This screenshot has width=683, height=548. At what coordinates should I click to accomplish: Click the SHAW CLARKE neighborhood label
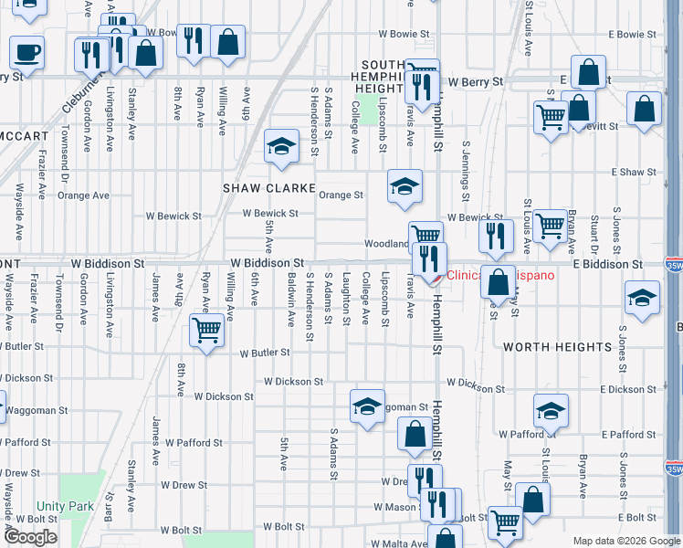click(267, 187)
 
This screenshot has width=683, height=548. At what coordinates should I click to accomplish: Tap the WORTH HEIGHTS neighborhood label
click(557, 347)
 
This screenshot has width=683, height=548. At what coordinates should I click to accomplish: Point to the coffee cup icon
click(26, 52)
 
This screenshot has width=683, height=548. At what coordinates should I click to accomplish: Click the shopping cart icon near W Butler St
click(207, 331)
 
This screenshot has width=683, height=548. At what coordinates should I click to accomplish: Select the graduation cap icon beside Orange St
click(405, 186)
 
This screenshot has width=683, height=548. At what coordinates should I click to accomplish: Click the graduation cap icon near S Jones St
click(642, 299)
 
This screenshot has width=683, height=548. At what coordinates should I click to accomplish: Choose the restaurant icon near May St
click(496, 236)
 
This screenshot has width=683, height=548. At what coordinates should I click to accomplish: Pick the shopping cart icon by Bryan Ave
click(550, 225)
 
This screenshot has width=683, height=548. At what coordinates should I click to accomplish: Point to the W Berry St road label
click(473, 81)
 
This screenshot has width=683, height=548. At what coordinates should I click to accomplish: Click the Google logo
click(31, 537)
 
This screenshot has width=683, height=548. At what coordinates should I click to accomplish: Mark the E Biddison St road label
click(608, 264)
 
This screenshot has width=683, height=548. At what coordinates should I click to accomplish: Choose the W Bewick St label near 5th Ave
click(270, 214)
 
